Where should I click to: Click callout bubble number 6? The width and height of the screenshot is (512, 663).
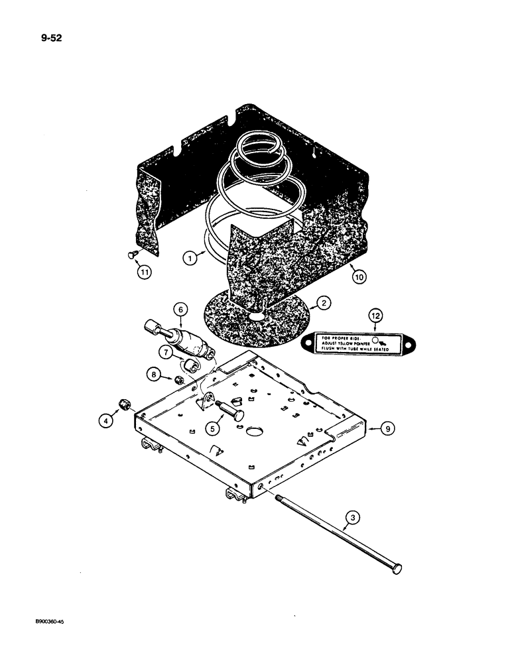[178, 308]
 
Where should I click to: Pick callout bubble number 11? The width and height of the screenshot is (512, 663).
[141, 271]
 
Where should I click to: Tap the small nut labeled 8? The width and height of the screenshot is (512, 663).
[178, 380]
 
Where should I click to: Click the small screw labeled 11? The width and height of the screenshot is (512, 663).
[131, 253]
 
